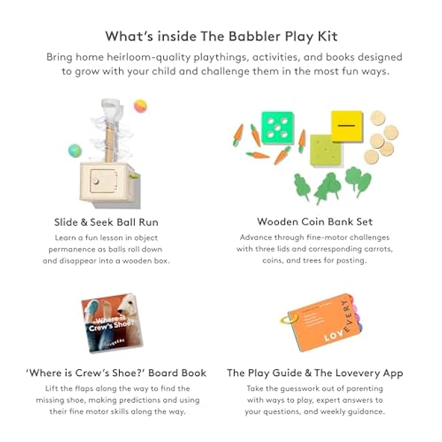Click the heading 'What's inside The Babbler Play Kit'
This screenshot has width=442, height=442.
pyautogui.click(x=221, y=37)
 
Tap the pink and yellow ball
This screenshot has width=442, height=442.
pyautogui.click(x=140, y=106)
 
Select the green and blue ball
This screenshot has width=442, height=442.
pyautogui.click(x=75, y=150)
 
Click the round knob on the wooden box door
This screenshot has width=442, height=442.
pyautogui.click(x=96, y=181)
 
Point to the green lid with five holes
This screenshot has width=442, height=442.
pyautogui.click(x=277, y=128)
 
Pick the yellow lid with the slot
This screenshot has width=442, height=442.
pyautogui.click(x=347, y=126)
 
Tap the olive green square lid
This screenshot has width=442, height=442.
pyautogui.click(x=326, y=150)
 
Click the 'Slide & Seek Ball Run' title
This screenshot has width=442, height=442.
pyautogui.click(x=106, y=222)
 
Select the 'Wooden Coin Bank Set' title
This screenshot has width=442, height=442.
pyautogui.click(x=315, y=222)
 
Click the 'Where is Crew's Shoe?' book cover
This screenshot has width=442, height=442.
pyautogui.click(x=112, y=323)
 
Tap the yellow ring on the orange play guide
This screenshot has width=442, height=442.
pyautogui.click(x=288, y=320)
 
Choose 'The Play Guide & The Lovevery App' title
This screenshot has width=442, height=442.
pyautogui.click(x=315, y=373)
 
